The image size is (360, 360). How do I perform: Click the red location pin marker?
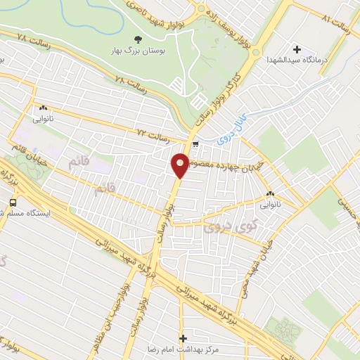click(180, 165)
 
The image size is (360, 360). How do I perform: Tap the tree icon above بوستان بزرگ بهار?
click(137, 40)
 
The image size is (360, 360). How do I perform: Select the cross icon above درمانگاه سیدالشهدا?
click(297, 49)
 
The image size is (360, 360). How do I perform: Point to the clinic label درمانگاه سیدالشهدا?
click(294, 61)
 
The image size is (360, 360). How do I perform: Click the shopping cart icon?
click(195, 145)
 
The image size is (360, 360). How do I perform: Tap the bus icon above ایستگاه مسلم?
click(12, 202)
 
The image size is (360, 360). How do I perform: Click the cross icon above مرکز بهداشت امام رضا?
click(184, 339)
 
